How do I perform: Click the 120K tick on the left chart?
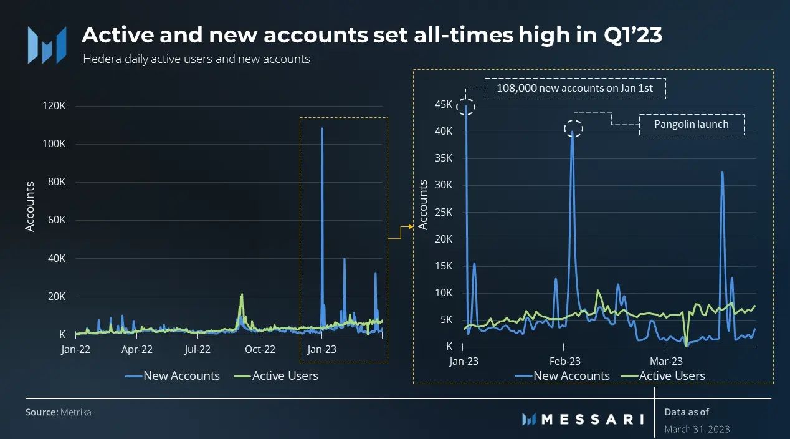point(54,105)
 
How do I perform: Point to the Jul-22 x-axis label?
point(197,349)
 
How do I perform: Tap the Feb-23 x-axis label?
point(564,361)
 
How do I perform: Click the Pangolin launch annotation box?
point(692,124)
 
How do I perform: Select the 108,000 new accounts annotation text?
point(574,88)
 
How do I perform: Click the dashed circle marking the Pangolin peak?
point(574,128)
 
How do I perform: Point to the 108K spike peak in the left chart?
point(322,129)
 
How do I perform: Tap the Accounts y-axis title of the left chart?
point(29,206)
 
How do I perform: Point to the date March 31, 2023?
point(697,429)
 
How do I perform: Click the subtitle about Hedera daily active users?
point(196,59)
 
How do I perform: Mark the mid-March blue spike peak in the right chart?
point(722,173)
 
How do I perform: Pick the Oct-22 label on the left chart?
point(259,349)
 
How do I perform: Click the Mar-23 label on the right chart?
point(666,361)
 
